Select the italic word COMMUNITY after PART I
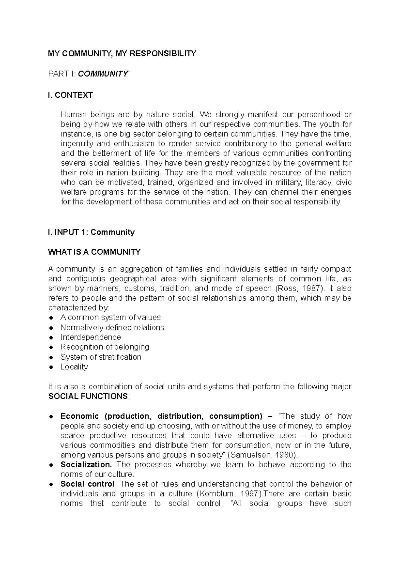[103, 74]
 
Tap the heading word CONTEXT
[74, 95]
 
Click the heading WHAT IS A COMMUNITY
[94, 252]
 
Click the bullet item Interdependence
[91, 337]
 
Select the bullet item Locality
[74, 367]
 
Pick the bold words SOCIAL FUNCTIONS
[88, 396]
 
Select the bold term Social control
[87, 484]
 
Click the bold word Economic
[80, 416]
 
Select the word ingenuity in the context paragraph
[76, 144]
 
